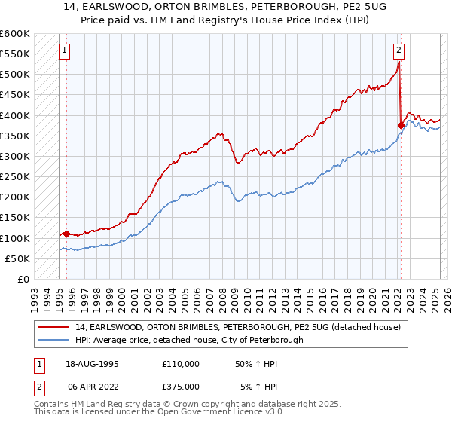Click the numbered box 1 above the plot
66,51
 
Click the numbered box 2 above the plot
399,51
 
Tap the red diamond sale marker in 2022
401,125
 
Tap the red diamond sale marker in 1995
66,234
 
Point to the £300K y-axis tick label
14,156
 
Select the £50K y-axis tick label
17,258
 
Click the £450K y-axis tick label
14,94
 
